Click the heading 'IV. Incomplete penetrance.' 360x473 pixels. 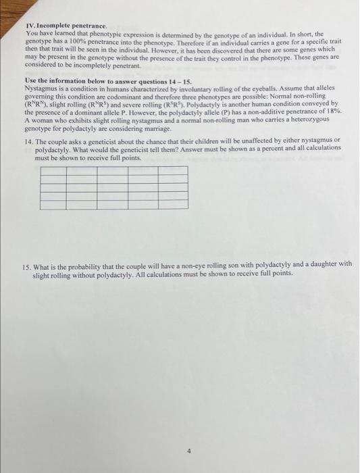click(x=61, y=26)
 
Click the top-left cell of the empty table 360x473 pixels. click(x=53, y=170)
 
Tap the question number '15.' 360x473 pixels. click(x=28, y=264)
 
